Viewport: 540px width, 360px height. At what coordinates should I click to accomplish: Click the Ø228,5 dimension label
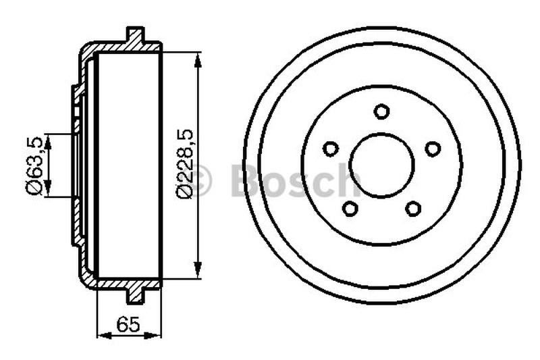point(184,164)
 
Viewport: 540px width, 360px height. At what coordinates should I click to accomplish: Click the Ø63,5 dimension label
point(34,165)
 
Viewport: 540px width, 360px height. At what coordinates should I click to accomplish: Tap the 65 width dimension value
point(128,324)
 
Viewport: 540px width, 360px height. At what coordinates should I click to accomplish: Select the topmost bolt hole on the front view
point(381,111)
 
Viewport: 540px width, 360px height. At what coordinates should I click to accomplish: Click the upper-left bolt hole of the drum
point(331,149)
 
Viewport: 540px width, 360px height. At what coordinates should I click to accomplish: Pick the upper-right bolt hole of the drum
point(433,149)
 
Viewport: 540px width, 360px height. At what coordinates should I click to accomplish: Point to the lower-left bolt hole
point(350,209)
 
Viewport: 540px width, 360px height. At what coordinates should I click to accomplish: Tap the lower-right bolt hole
point(413,209)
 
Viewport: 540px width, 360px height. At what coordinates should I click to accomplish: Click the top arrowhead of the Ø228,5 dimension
point(198,60)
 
